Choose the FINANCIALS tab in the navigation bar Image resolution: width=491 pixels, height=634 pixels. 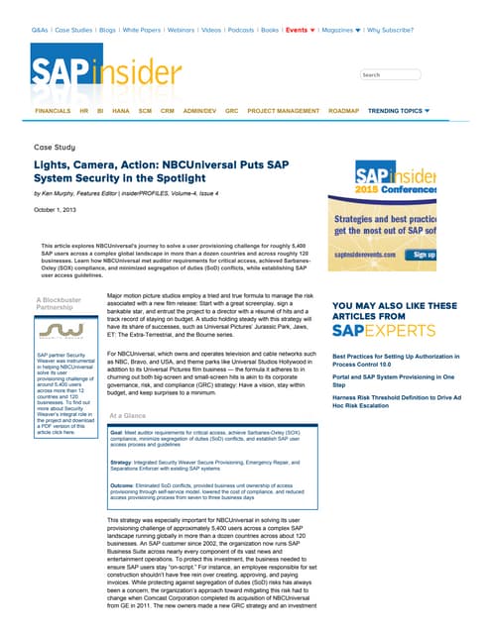point(53,111)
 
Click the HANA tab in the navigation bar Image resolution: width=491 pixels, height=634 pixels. point(119,111)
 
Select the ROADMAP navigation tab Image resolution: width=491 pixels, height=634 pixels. point(343,111)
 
